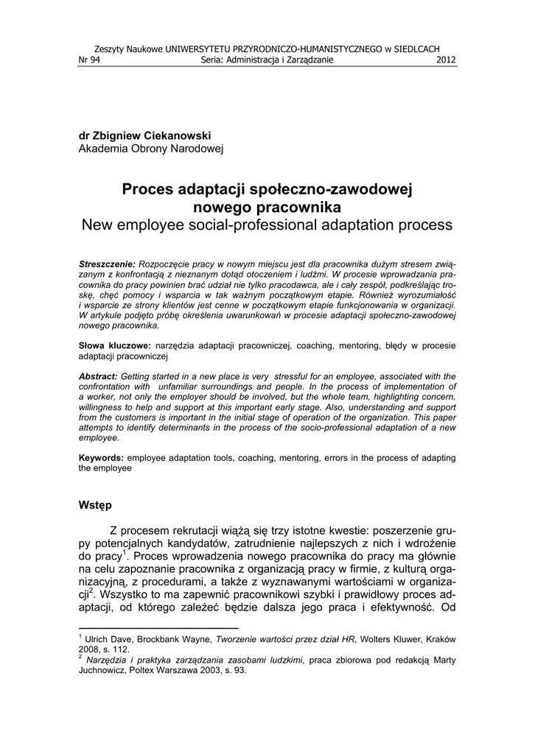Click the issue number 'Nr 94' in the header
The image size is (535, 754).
point(89,60)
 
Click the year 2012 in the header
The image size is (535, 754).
point(447,60)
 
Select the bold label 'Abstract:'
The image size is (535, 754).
point(98,376)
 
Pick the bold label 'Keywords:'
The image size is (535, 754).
point(101,457)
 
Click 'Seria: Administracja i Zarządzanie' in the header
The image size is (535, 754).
point(267,60)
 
